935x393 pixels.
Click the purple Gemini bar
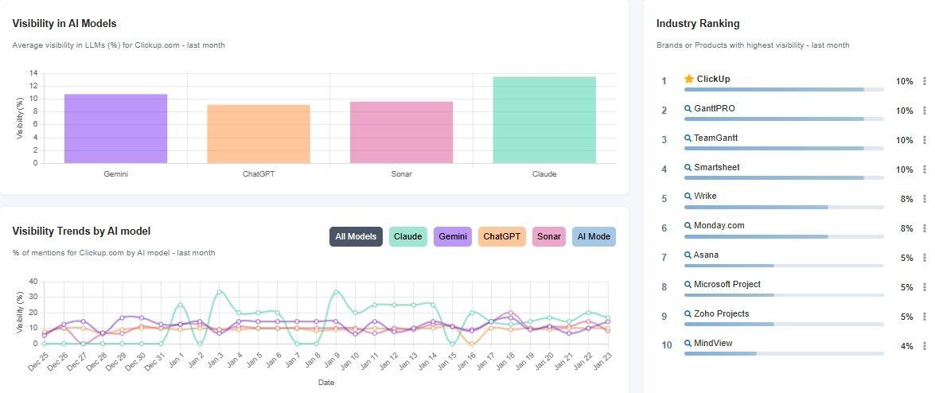click(115, 128)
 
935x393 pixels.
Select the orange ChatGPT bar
click(259, 134)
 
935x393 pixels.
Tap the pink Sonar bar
click(401, 132)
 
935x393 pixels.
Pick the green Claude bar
click(544, 119)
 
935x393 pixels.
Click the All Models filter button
click(356, 236)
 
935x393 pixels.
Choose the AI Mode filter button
click(594, 236)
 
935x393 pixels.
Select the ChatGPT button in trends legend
click(502, 236)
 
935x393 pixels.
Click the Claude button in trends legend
click(408, 236)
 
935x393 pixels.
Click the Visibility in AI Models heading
click(64, 24)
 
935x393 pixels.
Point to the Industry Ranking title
click(698, 24)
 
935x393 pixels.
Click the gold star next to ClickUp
click(689, 79)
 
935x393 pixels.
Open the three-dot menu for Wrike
click(924, 199)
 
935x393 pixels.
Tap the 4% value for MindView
click(906, 346)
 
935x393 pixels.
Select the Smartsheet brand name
click(717, 167)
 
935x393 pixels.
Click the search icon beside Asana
click(688, 255)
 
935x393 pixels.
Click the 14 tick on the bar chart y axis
click(33, 73)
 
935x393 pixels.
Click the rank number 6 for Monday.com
click(664, 228)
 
